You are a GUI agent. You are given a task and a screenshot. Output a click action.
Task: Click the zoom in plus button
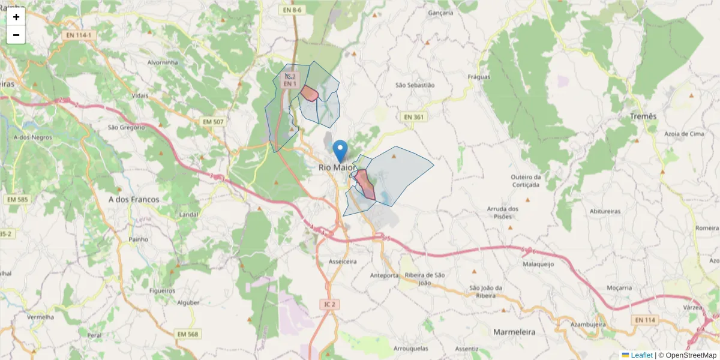(16, 17)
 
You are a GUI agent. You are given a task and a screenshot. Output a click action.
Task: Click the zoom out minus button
(16, 35)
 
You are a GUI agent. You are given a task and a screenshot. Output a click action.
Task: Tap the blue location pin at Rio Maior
(340, 151)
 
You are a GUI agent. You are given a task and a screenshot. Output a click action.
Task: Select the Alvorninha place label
(163, 62)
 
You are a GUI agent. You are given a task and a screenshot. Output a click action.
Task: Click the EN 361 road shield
(415, 117)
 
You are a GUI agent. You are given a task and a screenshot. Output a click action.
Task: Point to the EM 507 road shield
(213, 122)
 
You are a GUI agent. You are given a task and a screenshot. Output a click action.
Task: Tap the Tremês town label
(643, 116)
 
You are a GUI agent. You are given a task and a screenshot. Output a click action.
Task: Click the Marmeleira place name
(514, 331)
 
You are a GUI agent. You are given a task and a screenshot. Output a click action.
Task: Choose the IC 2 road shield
(329, 305)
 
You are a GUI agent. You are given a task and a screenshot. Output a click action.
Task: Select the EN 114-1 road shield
(80, 36)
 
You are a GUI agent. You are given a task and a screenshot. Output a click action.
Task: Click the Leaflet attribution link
(641, 355)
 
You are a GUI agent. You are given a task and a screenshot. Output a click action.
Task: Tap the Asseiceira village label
(343, 262)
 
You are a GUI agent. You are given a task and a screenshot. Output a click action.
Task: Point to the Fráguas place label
(479, 77)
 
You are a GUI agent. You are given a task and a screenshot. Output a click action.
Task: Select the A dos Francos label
(133, 199)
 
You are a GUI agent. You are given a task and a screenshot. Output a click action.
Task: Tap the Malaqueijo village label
(538, 263)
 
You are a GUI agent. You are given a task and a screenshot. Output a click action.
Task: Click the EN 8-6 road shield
(293, 10)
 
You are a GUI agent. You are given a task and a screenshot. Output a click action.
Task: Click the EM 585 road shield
(18, 199)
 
